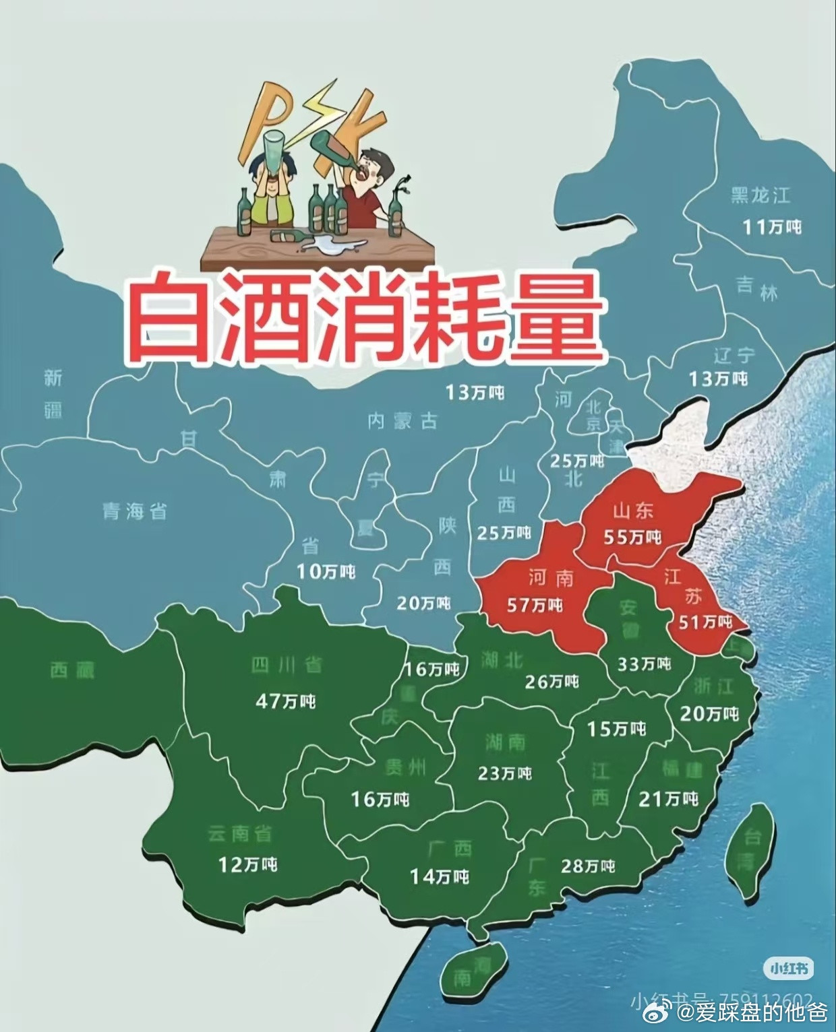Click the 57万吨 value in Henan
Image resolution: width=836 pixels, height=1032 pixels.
534,605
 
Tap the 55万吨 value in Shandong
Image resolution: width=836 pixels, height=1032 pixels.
632,537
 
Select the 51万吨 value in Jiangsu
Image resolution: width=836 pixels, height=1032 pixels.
705,621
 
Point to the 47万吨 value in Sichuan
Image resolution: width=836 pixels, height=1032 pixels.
285,701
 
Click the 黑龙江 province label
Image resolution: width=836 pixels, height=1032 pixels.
760,196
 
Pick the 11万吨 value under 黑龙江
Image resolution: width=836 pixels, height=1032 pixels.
772,226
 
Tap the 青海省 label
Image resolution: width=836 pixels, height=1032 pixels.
135,511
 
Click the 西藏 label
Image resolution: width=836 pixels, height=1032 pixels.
72,670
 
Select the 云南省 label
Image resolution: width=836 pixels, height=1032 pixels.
240,834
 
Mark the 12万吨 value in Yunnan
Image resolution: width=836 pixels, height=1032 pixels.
247,864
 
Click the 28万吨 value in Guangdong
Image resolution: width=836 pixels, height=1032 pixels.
588,866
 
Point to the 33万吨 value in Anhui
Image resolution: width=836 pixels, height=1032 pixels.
644,664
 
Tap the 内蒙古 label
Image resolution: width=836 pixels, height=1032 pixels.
402,422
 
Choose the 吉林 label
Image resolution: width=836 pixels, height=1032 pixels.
756,288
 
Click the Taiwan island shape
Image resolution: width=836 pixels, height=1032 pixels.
749,846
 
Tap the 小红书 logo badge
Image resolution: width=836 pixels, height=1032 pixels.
788,969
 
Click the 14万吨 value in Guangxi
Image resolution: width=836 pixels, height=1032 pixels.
440,876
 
